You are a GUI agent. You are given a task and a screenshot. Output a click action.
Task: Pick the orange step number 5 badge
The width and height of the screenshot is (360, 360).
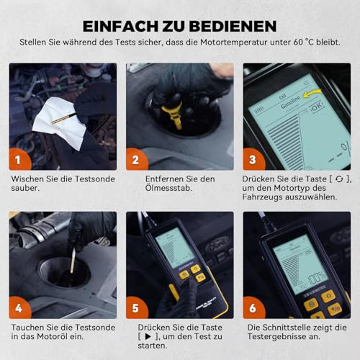pyautogui.click(x=136, y=308)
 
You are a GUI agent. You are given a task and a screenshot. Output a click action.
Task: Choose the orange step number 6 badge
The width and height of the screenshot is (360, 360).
pyautogui.click(x=253, y=308)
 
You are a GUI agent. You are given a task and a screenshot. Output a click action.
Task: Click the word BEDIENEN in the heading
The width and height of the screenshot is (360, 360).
pyautogui.click(x=237, y=26)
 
